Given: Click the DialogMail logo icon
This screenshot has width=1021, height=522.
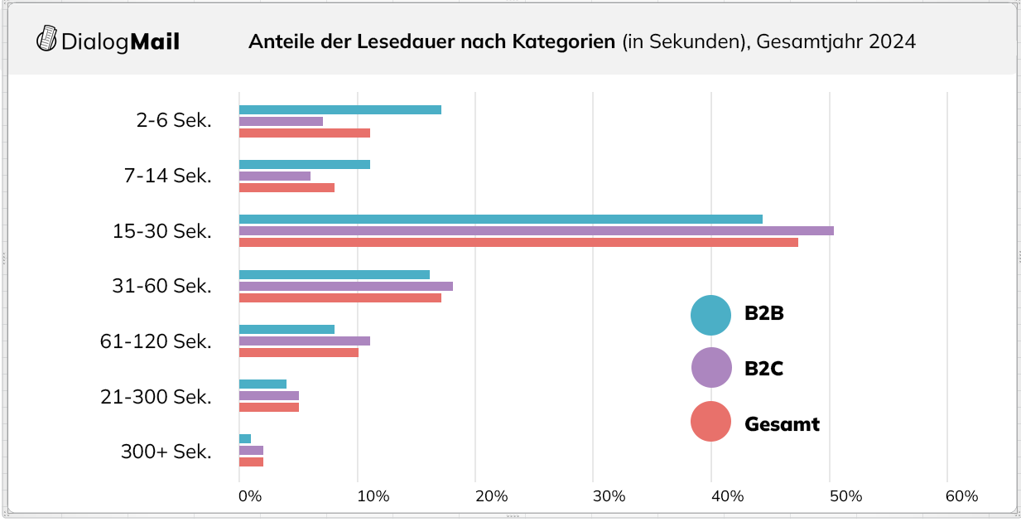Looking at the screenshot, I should point(47,40).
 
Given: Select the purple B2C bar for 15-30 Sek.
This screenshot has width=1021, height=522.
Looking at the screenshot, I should point(536,230).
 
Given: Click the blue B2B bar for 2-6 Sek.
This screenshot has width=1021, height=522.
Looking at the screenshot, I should point(340,109).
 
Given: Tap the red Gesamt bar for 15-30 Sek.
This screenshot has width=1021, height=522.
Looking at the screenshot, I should point(518,242).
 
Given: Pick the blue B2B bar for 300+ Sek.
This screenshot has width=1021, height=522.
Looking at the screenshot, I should point(245,438).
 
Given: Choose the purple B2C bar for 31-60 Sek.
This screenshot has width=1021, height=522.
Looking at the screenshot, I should point(345,286).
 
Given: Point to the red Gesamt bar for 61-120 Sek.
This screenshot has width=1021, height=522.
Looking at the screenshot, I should point(298,352).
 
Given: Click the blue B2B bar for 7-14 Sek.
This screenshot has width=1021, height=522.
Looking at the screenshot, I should point(304,164).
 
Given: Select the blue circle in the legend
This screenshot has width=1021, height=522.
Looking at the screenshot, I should point(710,315).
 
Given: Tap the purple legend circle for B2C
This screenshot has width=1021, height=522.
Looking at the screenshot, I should point(710,368).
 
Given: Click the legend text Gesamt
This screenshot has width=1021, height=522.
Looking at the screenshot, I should point(782,424).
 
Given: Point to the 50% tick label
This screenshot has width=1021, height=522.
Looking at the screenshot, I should point(846,496).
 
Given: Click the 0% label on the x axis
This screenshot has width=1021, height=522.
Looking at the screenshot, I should point(250,496).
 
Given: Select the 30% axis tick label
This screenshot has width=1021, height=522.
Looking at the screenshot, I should point(609,496).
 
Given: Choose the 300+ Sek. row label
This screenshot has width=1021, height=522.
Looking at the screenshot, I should point(166,452).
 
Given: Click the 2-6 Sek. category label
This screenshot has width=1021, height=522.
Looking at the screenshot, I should point(173,120).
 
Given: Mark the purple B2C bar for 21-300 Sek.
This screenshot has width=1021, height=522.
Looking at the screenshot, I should point(268,395).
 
